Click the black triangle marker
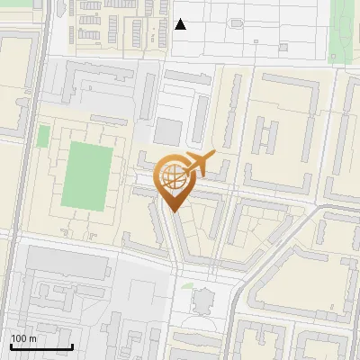[181, 25]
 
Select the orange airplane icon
[199, 163]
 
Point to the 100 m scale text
[23, 338]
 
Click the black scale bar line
[41, 346]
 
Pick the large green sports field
[88, 172]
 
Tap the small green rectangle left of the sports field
[43, 136]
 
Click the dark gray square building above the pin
[167, 131]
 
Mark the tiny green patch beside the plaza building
[186, 286]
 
